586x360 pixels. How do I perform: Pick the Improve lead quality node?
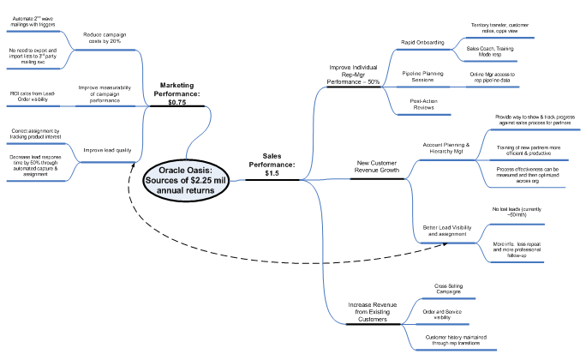[x=107, y=150]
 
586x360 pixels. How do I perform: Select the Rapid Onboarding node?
[x=423, y=41]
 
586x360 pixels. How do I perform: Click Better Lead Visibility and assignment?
[x=444, y=230]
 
